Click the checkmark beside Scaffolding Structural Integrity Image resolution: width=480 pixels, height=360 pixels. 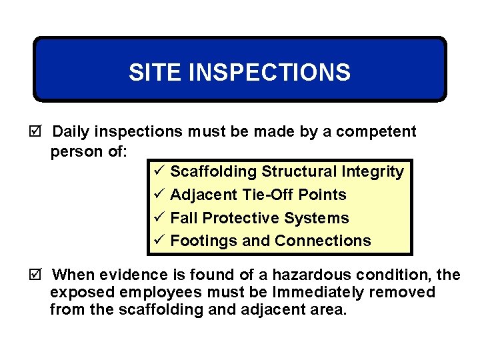tap(158, 171)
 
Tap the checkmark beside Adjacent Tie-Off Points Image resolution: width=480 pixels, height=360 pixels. tap(158, 195)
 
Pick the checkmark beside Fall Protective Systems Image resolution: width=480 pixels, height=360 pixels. tap(158, 218)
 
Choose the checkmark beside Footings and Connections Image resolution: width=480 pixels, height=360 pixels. tap(158, 241)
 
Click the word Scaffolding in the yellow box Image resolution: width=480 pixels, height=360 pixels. tap(213, 172)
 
